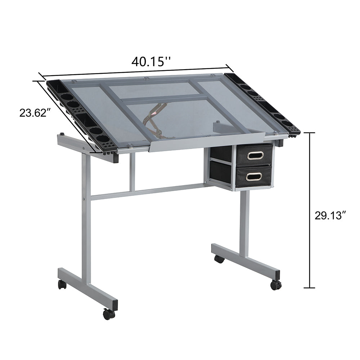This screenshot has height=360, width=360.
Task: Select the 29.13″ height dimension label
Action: tap(330, 216)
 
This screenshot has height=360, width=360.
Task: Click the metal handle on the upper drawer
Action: tap(255, 155)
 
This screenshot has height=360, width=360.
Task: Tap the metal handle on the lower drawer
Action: tap(254, 177)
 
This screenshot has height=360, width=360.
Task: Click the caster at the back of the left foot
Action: tap(62, 285)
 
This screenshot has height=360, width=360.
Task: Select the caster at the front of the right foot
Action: tap(276, 285)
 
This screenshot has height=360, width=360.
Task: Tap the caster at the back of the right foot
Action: tap(219, 259)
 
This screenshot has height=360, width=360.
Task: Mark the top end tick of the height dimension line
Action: tap(310, 133)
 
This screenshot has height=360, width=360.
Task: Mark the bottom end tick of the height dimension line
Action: tap(310, 288)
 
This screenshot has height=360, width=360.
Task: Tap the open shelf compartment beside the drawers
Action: tap(220, 166)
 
